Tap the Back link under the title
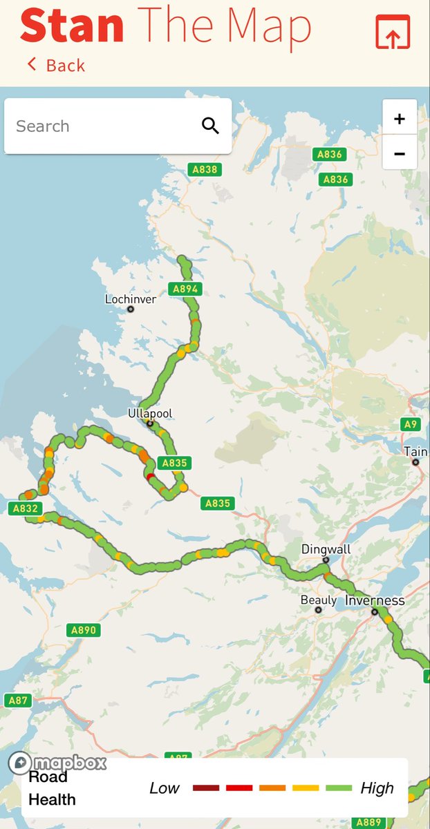(57, 66)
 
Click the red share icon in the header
(393, 32)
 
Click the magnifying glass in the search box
(210, 126)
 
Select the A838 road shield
(205, 169)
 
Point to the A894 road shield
(185, 289)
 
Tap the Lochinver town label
(130, 300)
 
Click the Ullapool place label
(150, 414)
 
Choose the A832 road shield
(24, 508)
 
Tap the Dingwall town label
(326, 550)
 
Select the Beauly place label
(318, 601)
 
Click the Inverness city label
(374, 601)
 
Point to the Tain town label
(415, 452)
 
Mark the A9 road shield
(411, 424)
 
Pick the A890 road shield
(84, 630)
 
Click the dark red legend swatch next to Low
(206, 788)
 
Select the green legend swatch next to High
(339, 788)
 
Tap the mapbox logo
(58, 763)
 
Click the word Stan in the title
(72, 26)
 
